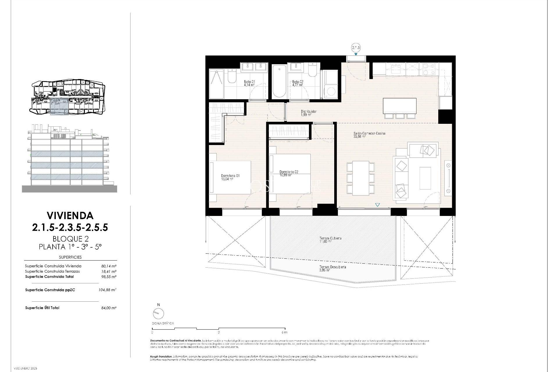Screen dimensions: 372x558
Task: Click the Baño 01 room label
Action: coord(249,82)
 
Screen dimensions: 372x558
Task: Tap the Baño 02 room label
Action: coord(298,82)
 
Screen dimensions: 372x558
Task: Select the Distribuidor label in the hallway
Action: coord(309,111)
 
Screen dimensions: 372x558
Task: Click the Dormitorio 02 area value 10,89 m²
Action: coord(285,175)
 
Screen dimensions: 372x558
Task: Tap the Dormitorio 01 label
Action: coord(230,176)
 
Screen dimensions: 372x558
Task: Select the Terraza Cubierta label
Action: coord(330,238)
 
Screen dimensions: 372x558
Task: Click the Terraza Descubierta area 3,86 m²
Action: coord(325,270)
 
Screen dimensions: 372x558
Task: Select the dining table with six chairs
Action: coord(361,178)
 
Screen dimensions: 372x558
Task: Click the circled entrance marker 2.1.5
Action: coord(356,48)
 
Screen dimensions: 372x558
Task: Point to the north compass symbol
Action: coord(158,313)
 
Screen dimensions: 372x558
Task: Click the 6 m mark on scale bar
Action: coord(284,332)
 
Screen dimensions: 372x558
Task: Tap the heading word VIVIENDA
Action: coord(70,215)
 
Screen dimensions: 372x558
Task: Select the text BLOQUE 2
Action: coord(70,239)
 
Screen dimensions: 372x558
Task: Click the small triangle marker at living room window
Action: coord(377,205)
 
